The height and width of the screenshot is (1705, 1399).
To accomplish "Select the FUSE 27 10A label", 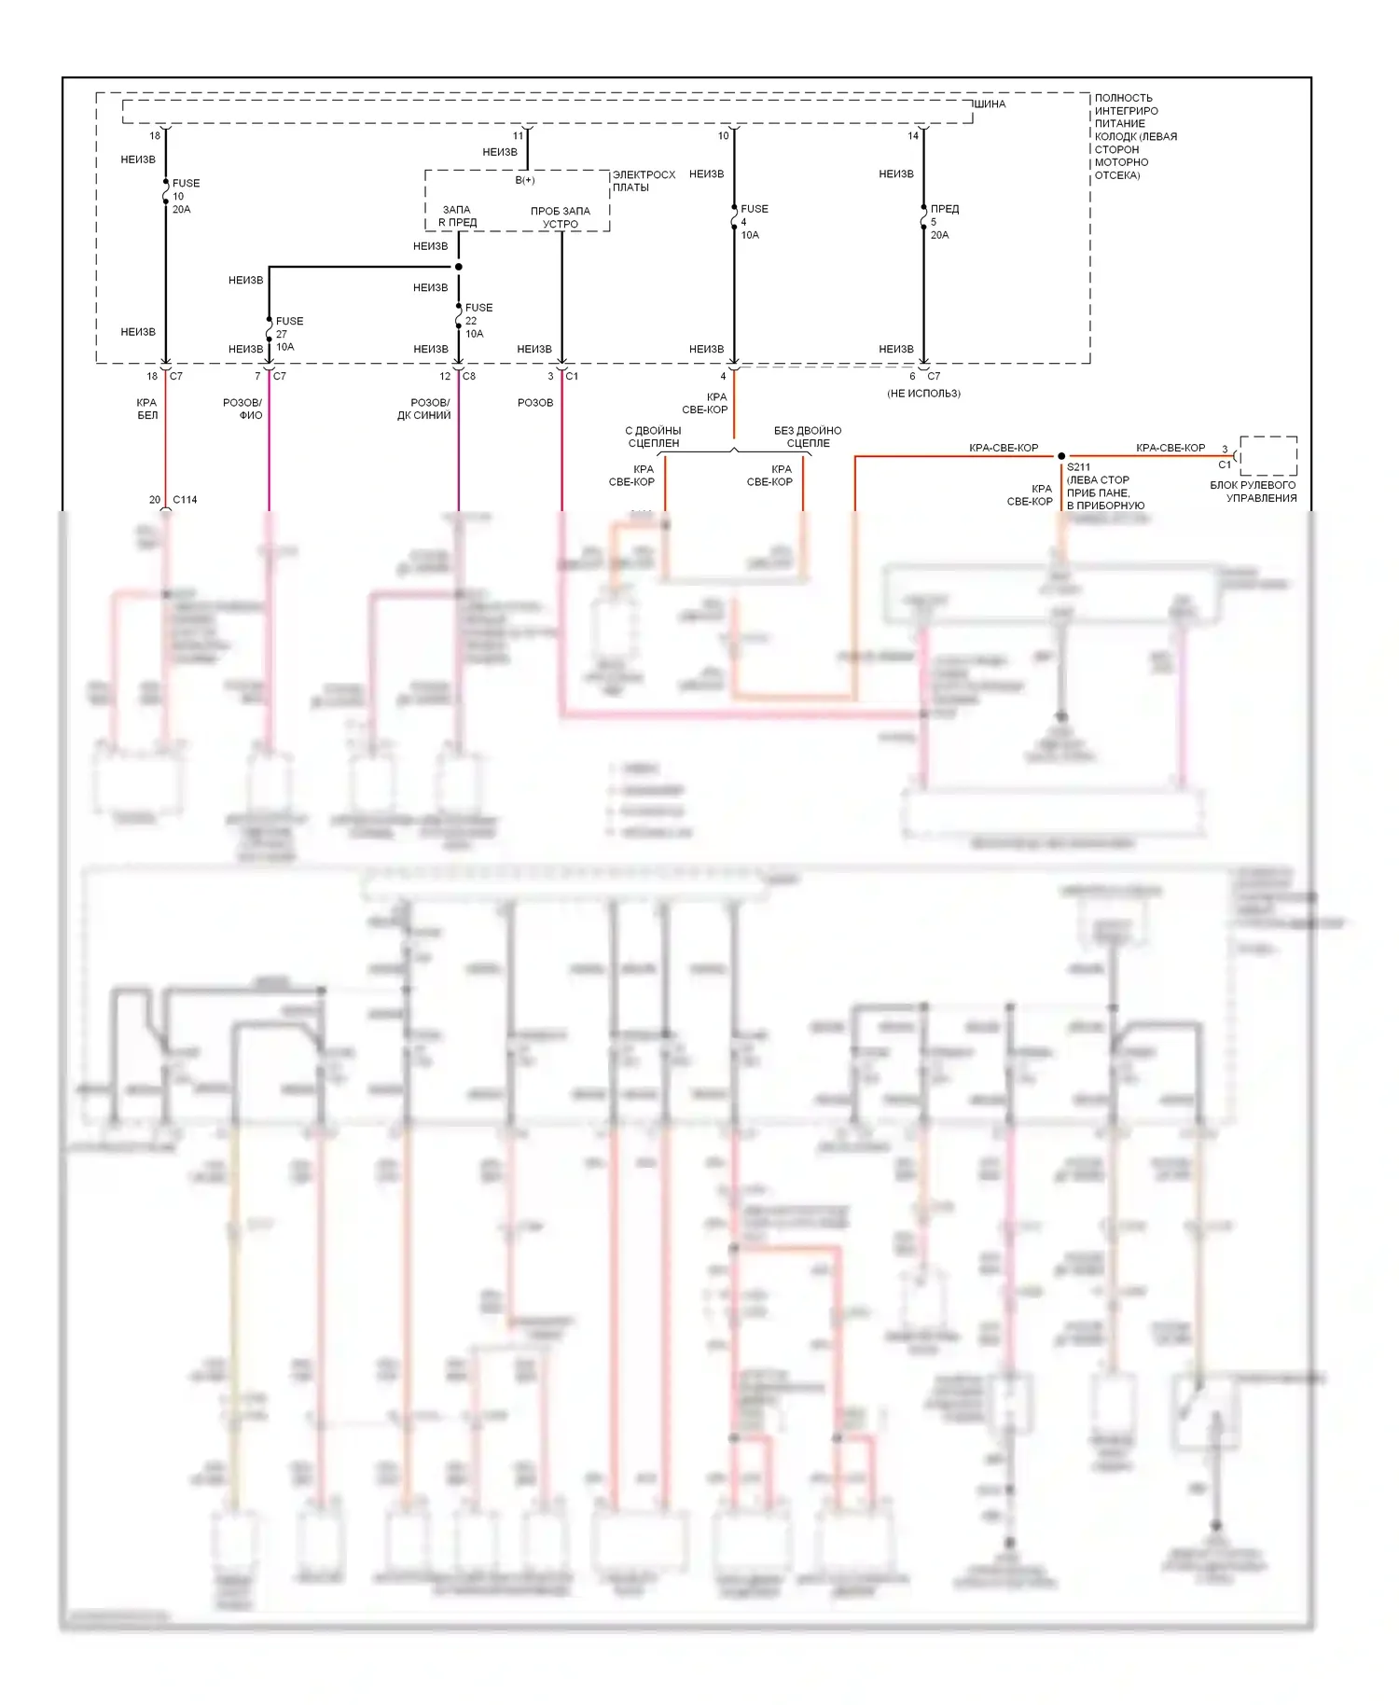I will coord(288,334).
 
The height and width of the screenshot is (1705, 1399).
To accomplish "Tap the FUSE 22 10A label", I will coord(478,321).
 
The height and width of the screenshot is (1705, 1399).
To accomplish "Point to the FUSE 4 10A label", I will coord(753,222).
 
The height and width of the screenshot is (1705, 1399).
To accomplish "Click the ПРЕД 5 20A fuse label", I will coord(943,222).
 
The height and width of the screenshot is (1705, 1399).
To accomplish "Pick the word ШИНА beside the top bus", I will coord(990,104).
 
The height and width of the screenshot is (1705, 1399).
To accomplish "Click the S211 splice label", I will coord(1079,467).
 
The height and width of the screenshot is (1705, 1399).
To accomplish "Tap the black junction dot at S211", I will coord(1061,456).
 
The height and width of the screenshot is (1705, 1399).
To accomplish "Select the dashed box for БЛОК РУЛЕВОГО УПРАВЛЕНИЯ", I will coord(1268,456).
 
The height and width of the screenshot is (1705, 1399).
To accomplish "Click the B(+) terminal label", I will coord(525,180).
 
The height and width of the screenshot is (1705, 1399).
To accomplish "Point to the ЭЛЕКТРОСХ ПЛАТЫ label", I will coord(643,181).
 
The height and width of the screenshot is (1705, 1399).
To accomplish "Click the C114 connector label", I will coord(185,500).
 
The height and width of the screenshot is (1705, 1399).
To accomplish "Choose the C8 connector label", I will coord(469,376).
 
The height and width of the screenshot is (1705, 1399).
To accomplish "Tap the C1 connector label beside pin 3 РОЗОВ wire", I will coord(572,376).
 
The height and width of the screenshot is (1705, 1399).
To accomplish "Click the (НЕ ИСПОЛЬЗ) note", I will coord(923,394).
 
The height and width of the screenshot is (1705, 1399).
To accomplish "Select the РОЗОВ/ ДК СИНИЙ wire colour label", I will coord(425,409).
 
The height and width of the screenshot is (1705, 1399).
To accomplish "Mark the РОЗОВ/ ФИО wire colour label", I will coord(243,409).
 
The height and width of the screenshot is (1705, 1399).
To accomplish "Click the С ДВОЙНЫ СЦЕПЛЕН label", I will coord(653,437).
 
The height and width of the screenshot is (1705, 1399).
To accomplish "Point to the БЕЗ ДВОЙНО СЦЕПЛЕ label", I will coord(808,437).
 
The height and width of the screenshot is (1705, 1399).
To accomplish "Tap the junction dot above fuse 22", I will coord(459,267).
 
